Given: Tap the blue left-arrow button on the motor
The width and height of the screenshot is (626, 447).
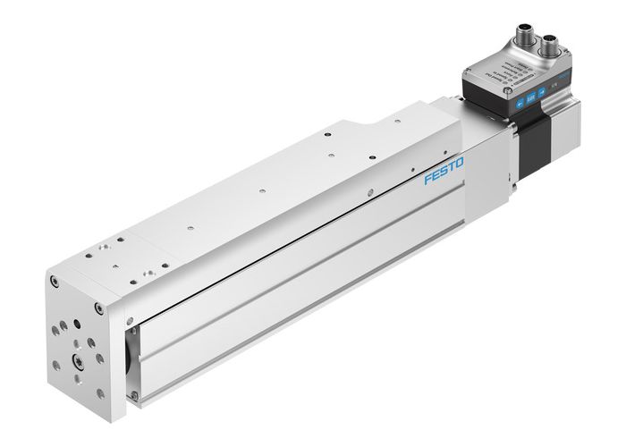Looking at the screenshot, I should pyautogui.click(x=518, y=100).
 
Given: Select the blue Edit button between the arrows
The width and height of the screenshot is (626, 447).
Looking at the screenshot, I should pyautogui.click(x=531, y=97).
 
